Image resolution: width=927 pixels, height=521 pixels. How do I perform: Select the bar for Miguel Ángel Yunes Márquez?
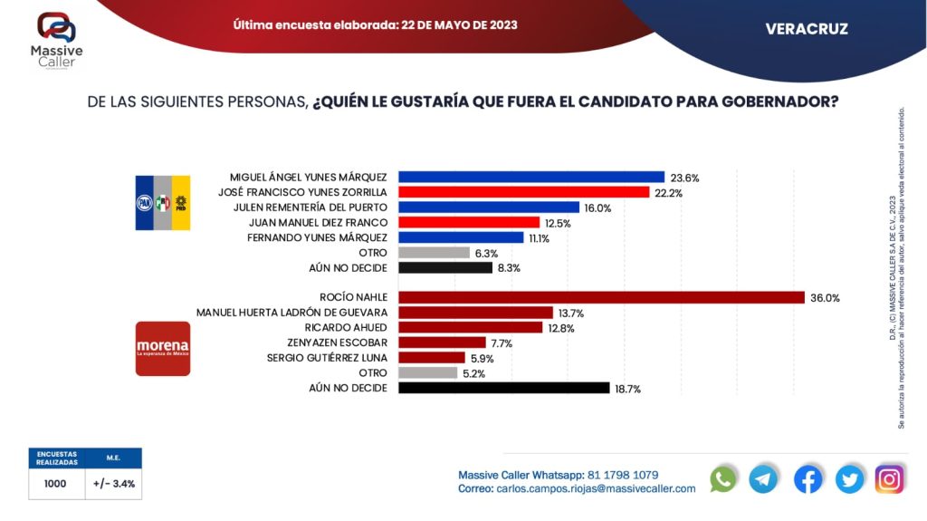point(531,177)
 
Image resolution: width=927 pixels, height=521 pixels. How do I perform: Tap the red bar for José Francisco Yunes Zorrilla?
point(524,192)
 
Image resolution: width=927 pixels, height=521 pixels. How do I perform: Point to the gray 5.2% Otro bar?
point(428,372)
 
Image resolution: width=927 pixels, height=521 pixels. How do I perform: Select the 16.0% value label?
point(597,207)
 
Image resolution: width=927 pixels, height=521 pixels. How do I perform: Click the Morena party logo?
point(163,348)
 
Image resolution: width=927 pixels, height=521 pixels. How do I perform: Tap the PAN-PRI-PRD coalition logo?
point(163,201)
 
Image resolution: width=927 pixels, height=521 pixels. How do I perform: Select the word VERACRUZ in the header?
point(807,29)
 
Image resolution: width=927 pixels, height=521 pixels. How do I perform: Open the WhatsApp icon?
point(723,478)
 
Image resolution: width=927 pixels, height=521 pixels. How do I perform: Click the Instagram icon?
point(890,478)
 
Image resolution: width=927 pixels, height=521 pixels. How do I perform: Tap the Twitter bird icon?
point(849,478)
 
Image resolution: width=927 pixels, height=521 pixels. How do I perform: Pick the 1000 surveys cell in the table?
point(55,484)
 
